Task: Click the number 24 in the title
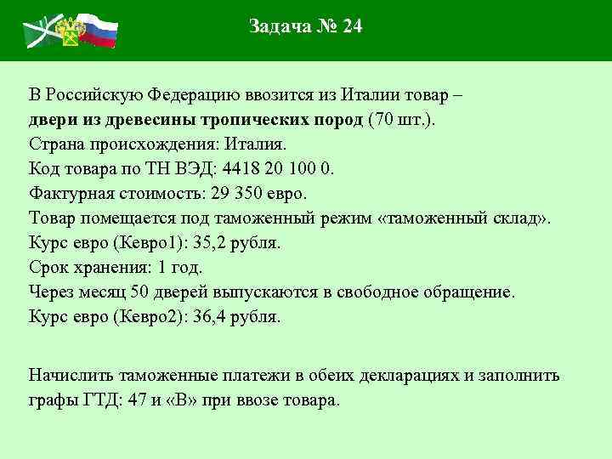(352, 26)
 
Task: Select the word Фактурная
(68, 192)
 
